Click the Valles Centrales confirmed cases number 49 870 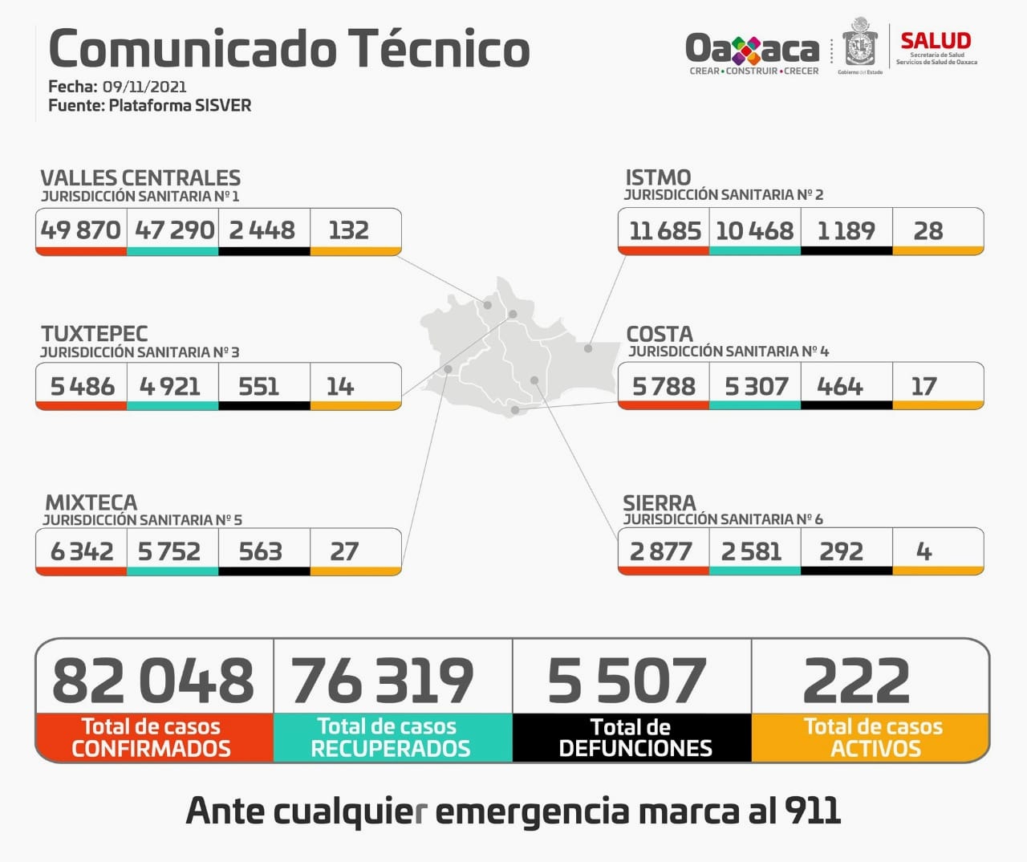(x=80, y=230)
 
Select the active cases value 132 (x=348, y=230)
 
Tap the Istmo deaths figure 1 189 (x=846, y=231)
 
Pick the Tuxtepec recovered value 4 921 (x=170, y=387)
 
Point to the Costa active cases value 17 (x=923, y=387)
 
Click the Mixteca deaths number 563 (x=261, y=551)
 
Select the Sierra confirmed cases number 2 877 (x=661, y=551)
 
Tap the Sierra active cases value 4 (x=923, y=551)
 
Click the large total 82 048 (x=152, y=681)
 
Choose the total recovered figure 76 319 (x=383, y=681)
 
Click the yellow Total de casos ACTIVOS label (x=873, y=738)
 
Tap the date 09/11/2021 (x=144, y=87)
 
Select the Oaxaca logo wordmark (x=752, y=50)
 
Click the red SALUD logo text (x=936, y=40)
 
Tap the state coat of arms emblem (x=860, y=44)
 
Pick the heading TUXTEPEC (x=95, y=334)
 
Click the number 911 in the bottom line (x=813, y=811)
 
